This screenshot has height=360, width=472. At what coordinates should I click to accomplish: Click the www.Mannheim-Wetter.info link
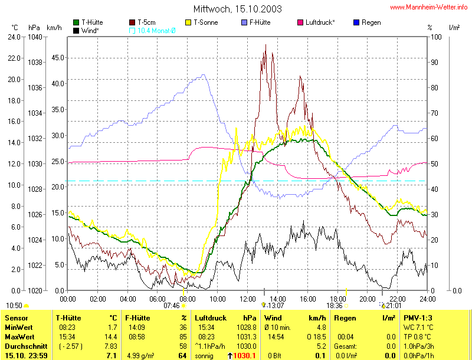click(428, 8)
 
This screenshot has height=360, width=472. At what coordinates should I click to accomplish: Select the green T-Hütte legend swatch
click(76, 22)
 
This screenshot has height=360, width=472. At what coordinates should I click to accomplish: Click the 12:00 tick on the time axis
click(248, 299)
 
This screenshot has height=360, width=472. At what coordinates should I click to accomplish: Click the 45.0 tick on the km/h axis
click(58, 57)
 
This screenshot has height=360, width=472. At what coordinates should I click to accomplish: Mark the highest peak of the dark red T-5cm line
click(265, 45)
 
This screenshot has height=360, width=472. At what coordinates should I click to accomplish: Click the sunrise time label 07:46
click(171, 306)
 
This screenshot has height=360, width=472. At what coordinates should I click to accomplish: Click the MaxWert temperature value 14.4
click(112, 336)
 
